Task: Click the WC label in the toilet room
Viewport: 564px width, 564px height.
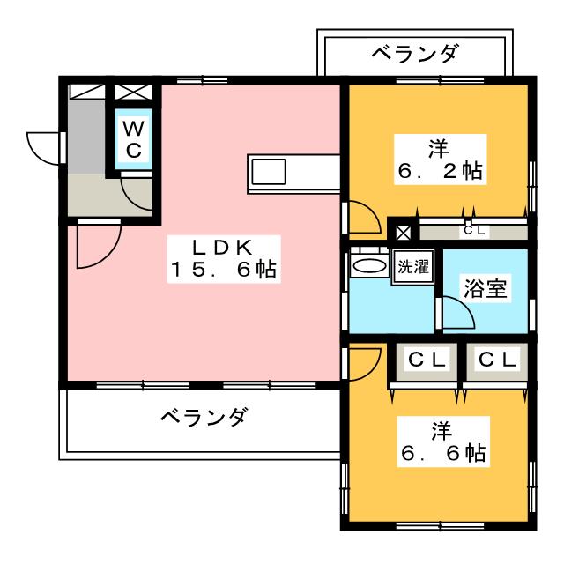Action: [x=134, y=139]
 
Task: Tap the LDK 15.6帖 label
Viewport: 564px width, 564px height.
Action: [x=224, y=259]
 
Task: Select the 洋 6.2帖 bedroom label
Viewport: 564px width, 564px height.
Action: [x=441, y=160]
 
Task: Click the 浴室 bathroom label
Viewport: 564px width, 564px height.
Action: [x=486, y=288]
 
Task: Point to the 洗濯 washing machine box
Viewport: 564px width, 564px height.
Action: [x=413, y=267]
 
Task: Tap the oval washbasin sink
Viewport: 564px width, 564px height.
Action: [x=370, y=266]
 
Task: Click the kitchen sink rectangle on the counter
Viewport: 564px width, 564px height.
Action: [x=269, y=172]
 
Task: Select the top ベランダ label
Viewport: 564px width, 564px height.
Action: [x=415, y=53]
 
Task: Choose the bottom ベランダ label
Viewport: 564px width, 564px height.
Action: [x=204, y=417]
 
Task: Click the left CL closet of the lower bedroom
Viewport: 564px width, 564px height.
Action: [x=427, y=360]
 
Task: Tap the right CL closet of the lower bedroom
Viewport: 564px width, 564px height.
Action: [x=497, y=360]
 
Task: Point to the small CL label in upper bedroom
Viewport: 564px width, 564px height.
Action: [x=475, y=230]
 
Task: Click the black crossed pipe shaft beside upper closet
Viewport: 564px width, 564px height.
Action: [x=403, y=233]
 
